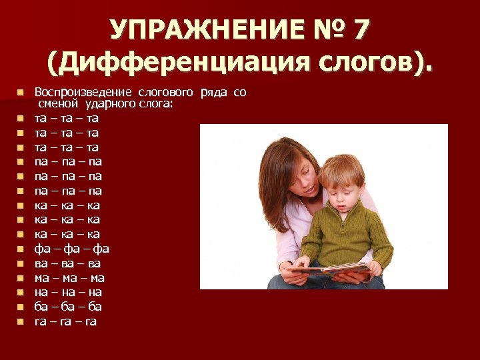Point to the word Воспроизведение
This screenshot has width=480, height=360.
pyautogui.click(x=84, y=92)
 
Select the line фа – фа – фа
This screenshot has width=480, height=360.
pyautogui.click(x=72, y=249)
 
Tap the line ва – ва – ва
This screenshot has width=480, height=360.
pyautogui.click(x=67, y=263)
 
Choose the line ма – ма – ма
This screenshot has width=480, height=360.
pyautogui.click(x=69, y=278)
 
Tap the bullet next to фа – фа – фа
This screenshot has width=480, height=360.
pyautogui.click(x=21, y=249)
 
